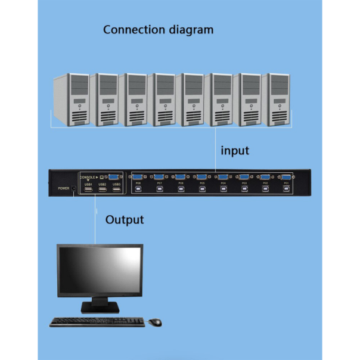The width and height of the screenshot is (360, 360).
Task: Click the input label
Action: tap(235, 150)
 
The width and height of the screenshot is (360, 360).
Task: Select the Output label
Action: tap(125, 220)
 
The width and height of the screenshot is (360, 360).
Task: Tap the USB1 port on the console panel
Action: tap(88, 191)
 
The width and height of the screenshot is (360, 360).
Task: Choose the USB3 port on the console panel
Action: tap(116, 191)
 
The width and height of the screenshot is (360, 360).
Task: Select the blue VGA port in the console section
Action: tap(114, 177)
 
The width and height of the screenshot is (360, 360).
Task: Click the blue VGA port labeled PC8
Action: tap(137, 177)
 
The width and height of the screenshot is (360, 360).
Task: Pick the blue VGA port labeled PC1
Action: tap(286, 177)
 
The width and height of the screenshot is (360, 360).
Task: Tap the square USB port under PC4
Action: tap(223, 189)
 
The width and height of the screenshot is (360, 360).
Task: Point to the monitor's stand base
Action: tap(100, 309)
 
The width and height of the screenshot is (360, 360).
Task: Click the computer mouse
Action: tap(155, 322)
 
